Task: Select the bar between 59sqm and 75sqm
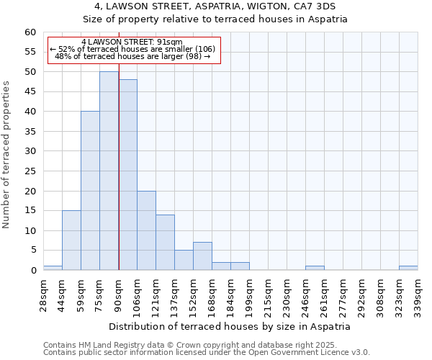(x=90, y=191)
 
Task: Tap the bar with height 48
(x=127, y=175)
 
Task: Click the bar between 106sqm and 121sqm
(x=146, y=230)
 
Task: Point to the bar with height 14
(x=165, y=242)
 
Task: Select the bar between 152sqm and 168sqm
(x=202, y=256)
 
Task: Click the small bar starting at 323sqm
(x=408, y=268)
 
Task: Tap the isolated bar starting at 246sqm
(x=315, y=268)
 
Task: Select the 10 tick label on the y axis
(x=30, y=231)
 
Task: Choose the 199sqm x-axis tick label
(x=248, y=294)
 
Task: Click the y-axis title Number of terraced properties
(x=7, y=154)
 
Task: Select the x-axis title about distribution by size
(x=231, y=326)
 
